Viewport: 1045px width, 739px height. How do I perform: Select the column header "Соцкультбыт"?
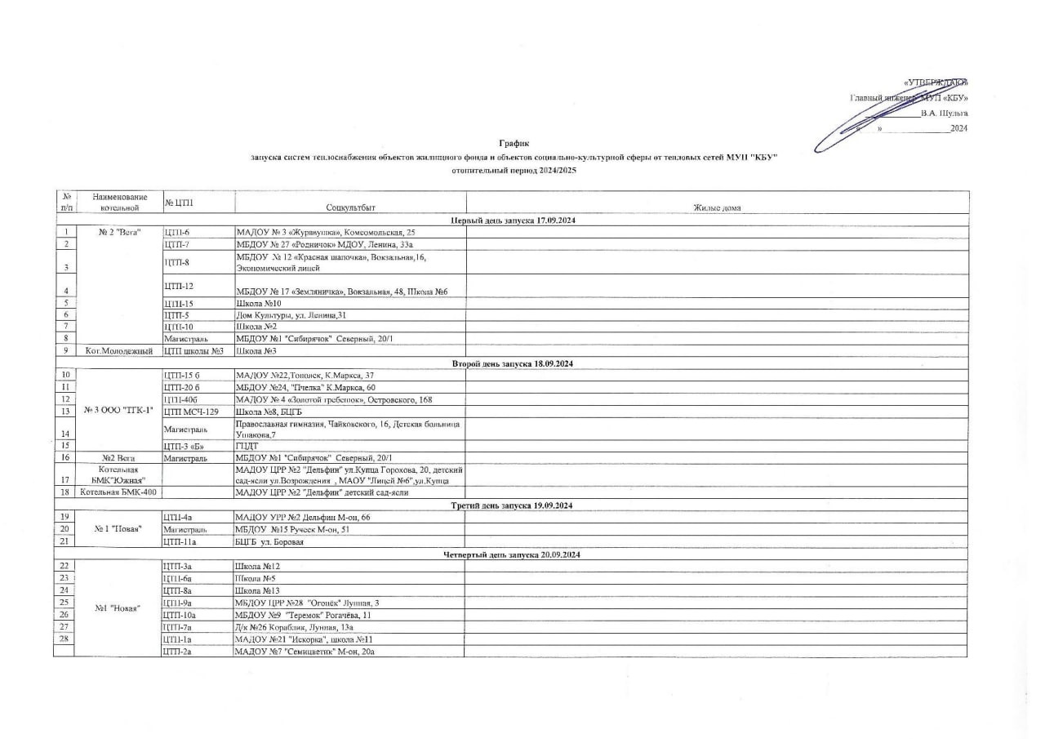(x=350, y=209)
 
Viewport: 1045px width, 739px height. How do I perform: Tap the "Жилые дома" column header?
(x=717, y=209)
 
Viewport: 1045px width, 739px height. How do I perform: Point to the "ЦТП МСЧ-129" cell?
(x=192, y=412)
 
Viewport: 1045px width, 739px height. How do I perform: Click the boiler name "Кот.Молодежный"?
(x=119, y=351)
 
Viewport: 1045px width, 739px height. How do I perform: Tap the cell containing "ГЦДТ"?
(x=247, y=446)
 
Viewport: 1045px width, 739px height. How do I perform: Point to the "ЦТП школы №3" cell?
(x=194, y=351)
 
